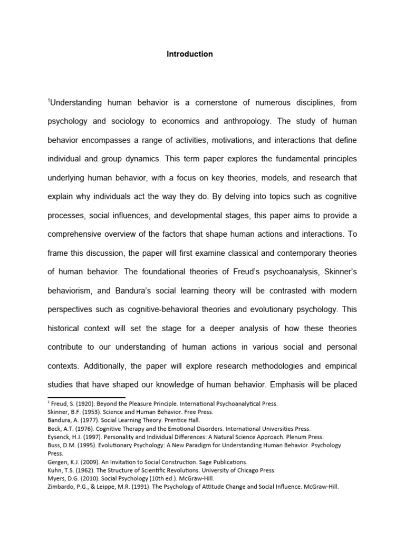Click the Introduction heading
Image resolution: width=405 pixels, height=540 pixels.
point(190,54)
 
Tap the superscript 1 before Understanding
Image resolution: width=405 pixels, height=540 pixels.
point(49,99)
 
